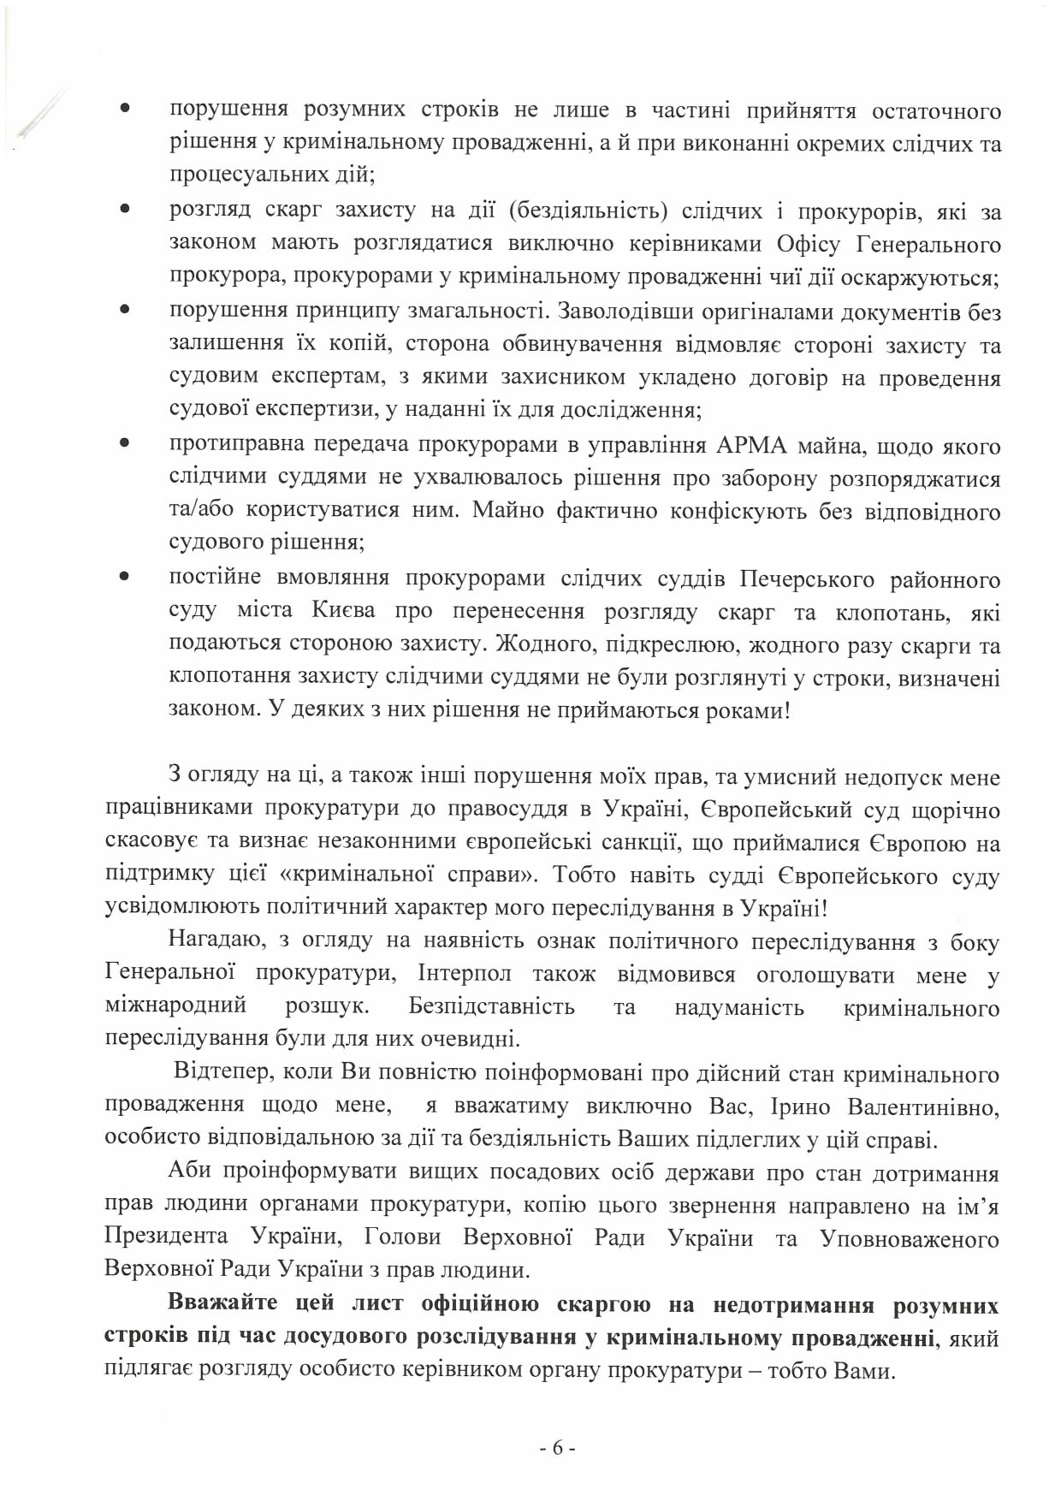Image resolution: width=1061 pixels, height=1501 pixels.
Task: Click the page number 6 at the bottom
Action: pyautogui.click(x=557, y=1448)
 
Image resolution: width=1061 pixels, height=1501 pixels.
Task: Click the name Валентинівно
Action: pyautogui.click(x=923, y=1106)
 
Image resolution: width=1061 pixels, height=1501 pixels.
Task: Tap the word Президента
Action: pyautogui.click(x=166, y=1237)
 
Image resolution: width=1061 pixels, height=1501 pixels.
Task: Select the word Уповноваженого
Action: pyautogui.click(x=909, y=1238)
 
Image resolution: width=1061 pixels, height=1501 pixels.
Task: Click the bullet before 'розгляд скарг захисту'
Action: pyautogui.click(x=124, y=208)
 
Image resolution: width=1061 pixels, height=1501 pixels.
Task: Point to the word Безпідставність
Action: pyautogui.click(x=491, y=1006)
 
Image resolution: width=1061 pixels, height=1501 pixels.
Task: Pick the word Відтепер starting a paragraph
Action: pyautogui.click(x=222, y=1073)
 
